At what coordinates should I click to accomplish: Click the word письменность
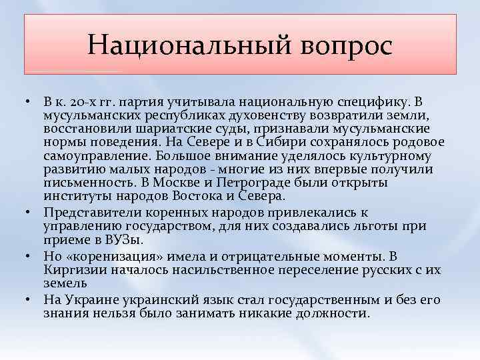point(89,183)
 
